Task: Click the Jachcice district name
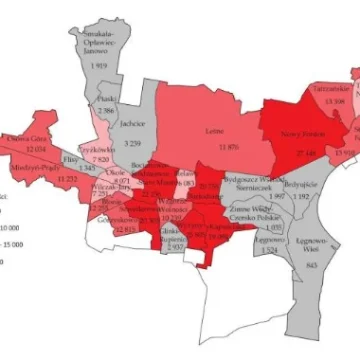coord(134,126)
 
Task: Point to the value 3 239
coord(133,144)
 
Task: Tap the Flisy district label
coord(70,157)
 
